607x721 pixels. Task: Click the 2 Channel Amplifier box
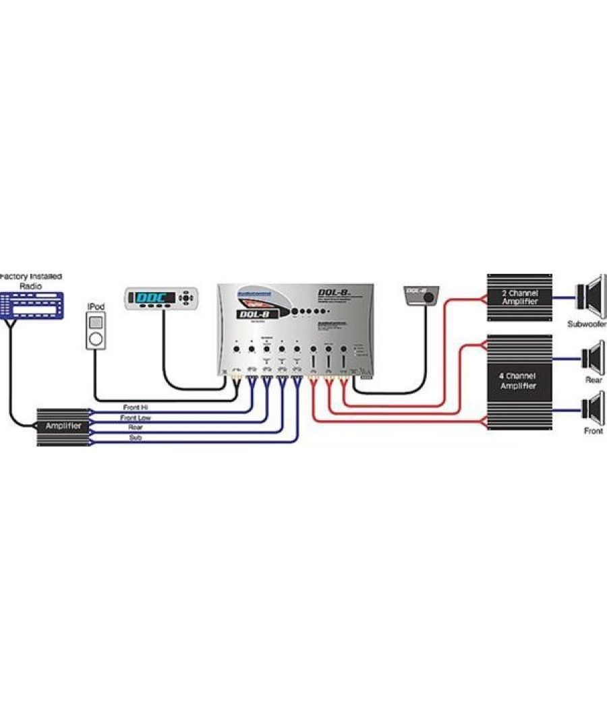click(x=519, y=297)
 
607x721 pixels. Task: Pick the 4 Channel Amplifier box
click(x=519, y=382)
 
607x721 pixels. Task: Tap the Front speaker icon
click(x=592, y=408)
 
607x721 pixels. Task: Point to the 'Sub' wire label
click(x=136, y=438)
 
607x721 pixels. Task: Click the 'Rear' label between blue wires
click(x=136, y=428)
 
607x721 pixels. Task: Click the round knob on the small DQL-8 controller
click(x=428, y=297)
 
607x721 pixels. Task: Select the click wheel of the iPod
click(x=96, y=338)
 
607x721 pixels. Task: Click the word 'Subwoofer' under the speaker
click(x=587, y=323)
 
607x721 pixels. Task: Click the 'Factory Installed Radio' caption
click(x=31, y=281)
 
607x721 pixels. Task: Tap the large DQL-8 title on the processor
click(x=336, y=292)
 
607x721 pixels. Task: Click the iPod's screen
click(x=96, y=320)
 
